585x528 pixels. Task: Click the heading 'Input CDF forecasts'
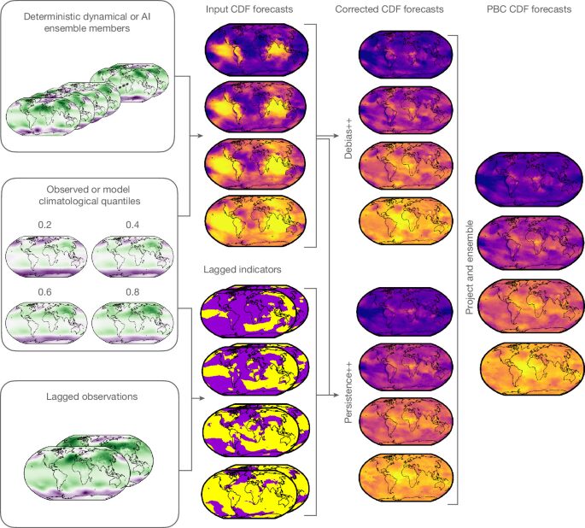[249, 9]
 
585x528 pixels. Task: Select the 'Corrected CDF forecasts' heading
[389, 9]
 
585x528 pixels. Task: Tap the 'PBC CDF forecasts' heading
[529, 9]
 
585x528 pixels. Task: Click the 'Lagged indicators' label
[243, 269]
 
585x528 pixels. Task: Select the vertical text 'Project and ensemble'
[470, 267]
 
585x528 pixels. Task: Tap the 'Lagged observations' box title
[91, 396]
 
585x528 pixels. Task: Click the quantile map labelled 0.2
[47, 256]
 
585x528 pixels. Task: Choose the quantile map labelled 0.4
[133, 256]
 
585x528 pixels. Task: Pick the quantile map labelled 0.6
[47, 323]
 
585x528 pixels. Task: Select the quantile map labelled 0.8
[133, 323]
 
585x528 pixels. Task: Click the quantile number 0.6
[44, 292]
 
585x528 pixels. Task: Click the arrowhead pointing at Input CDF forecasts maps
[201, 136]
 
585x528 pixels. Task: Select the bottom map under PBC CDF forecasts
[532, 369]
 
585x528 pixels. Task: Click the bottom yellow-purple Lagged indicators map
[255, 490]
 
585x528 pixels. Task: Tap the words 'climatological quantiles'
[90, 201]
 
